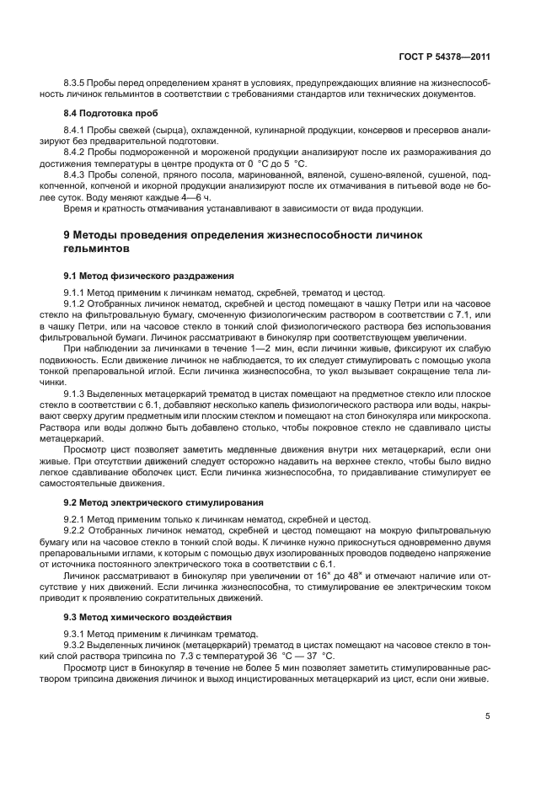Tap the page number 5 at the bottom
coord(487,716)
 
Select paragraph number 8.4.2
coord(77,152)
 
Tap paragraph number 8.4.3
coord(77,174)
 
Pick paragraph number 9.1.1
coord(77,292)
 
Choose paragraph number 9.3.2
coord(77,644)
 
